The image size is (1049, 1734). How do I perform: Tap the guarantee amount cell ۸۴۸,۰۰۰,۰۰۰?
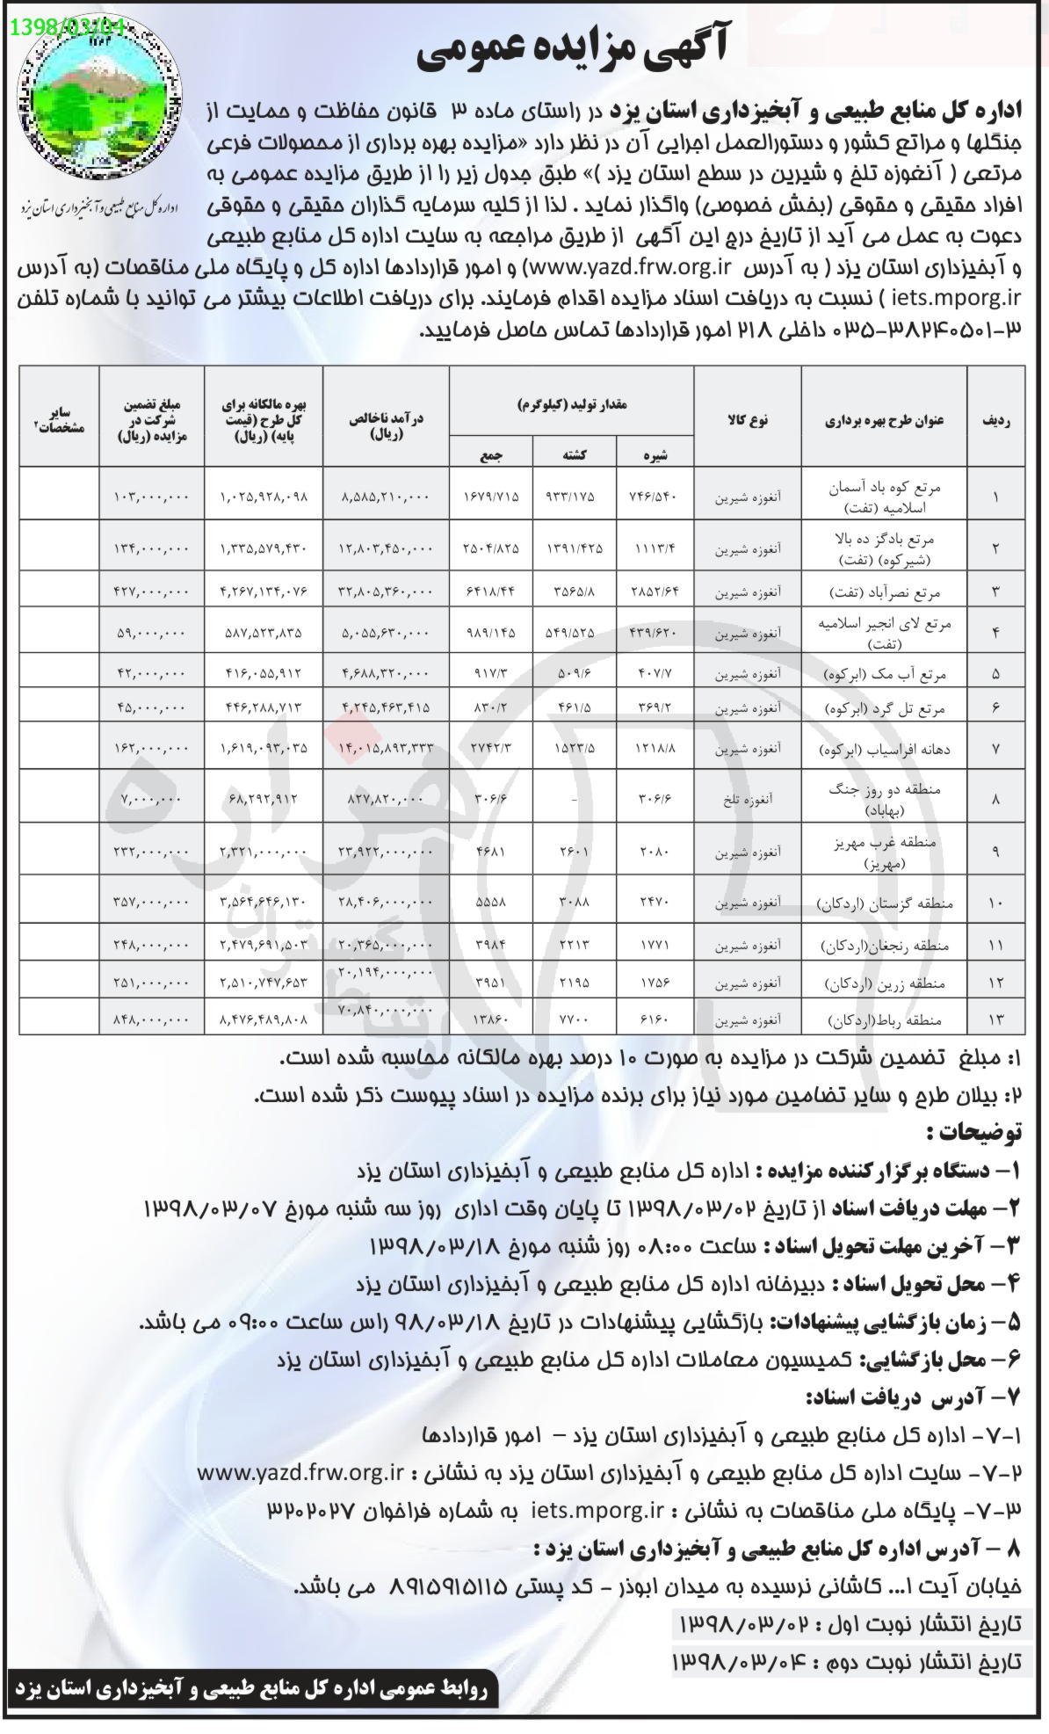point(151,1021)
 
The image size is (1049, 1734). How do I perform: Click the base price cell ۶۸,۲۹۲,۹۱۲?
point(264,802)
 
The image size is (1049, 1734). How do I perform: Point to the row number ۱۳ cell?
point(995,1021)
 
